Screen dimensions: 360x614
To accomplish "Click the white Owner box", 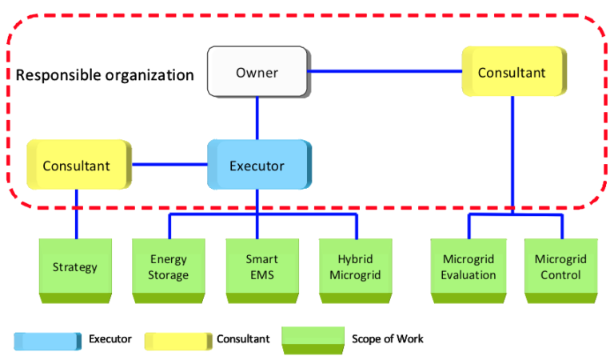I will pyautogui.click(x=257, y=73).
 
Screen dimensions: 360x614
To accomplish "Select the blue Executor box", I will pyautogui.click(x=257, y=166).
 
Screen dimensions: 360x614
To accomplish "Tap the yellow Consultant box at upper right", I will pyautogui.click(x=513, y=73).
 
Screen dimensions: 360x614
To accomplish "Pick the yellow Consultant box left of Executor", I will pyautogui.click(x=77, y=166).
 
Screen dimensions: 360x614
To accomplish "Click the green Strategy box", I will pyautogui.click(x=75, y=267).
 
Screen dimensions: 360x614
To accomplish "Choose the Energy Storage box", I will pyautogui.click(x=169, y=267).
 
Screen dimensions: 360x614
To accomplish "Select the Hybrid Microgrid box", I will pyautogui.click(x=355, y=267).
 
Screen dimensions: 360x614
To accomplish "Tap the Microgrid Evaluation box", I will pyautogui.click(x=469, y=267).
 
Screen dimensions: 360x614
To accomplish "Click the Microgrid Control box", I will pyautogui.click(x=561, y=267).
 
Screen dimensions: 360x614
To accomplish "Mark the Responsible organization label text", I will pyautogui.click(x=105, y=76).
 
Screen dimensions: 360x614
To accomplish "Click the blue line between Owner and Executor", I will pyautogui.click(x=257, y=118).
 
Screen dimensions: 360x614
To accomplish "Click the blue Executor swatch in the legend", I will pyautogui.click(x=47, y=340).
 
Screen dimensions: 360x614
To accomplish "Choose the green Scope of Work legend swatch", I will pyautogui.click(x=313, y=339).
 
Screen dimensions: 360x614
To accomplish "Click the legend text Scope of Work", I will pyautogui.click(x=388, y=339).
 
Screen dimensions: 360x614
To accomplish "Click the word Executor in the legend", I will pyautogui.click(x=110, y=339).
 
